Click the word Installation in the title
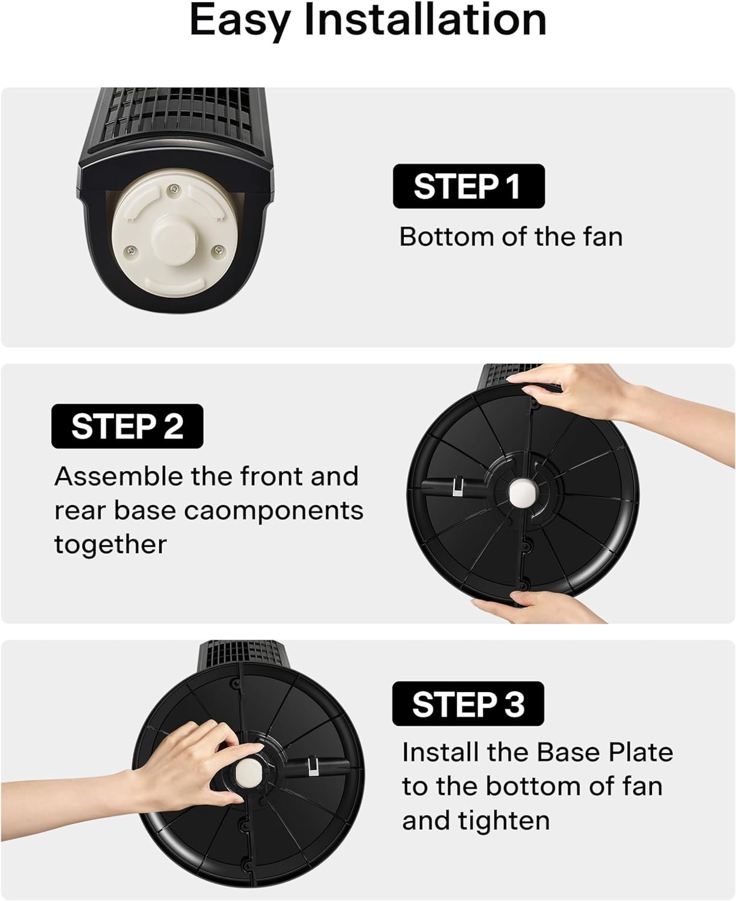click(x=425, y=20)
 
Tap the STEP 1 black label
click(x=469, y=186)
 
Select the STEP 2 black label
click(x=127, y=426)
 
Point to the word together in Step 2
click(x=111, y=545)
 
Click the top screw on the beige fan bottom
click(x=174, y=189)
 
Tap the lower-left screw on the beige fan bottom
click(x=132, y=251)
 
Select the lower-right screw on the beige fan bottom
click(x=219, y=250)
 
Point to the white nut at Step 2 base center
click(x=522, y=492)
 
